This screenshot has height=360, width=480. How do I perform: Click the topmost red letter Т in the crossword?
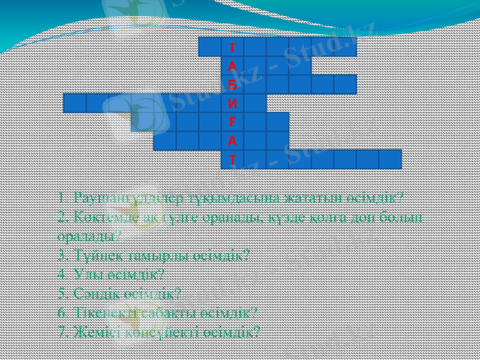[232, 47]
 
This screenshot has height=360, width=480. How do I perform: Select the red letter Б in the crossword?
[232, 85]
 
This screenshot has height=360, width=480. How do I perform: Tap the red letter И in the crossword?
[232, 103]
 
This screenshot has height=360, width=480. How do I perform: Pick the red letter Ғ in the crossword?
[232, 122]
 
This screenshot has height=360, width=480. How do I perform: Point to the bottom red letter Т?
[232, 160]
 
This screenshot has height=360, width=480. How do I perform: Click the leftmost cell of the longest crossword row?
[74, 103]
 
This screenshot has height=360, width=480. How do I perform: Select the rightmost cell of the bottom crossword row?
[390, 160]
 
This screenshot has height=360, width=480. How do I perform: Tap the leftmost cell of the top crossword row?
[209, 47]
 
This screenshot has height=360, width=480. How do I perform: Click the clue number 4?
[62, 274]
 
